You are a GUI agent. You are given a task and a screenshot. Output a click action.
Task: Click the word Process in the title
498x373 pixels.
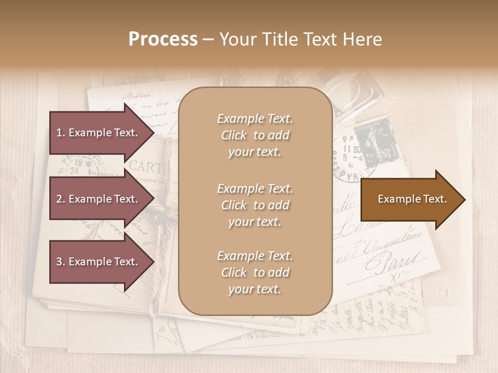point(163,39)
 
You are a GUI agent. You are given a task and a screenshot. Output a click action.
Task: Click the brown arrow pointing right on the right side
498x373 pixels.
point(412,199)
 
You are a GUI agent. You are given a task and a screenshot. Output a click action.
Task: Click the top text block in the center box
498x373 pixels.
point(255,135)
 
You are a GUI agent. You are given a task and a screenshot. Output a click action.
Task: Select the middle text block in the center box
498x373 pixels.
point(255,205)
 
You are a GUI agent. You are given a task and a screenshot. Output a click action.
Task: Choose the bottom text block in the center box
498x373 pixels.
point(255,272)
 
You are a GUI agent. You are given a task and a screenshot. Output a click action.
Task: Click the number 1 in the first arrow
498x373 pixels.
point(59,133)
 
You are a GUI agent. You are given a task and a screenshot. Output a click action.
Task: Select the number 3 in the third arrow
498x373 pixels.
point(59,262)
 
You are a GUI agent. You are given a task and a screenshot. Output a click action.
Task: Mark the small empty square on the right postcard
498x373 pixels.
point(442,293)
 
